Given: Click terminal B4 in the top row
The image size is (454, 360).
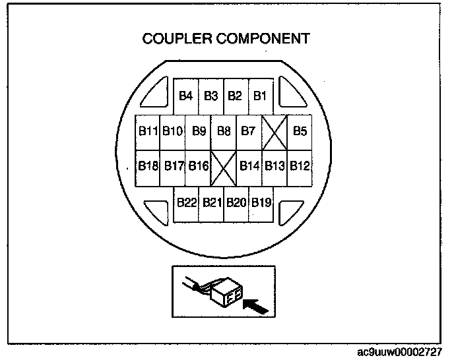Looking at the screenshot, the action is pyautogui.click(x=186, y=96).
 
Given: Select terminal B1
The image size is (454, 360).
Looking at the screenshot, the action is pyautogui.click(x=261, y=96).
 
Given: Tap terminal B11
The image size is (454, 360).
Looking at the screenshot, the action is pyautogui.click(x=148, y=131).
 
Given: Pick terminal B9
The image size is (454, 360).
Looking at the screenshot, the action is pyautogui.click(x=199, y=131).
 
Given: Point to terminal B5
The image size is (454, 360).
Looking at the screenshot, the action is pyautogui.click(x=300, y=131).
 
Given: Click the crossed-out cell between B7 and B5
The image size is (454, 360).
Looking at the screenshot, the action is pyautogui.click(x=275, y=131).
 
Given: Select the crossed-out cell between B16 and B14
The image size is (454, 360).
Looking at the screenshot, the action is pyautogui.click(x=223, y=165).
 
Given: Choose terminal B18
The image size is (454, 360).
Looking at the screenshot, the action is pyautogui.click(x=148, y=165).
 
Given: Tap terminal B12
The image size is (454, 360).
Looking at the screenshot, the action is pyautogui.click(x=300, y=165).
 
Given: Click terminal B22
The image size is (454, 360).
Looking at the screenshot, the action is pyautogui.click(x=186, y=202).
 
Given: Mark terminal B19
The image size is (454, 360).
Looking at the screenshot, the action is pyautogui.click(x=261, y=202).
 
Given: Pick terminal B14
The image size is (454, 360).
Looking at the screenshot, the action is pyautogui.click(x=249, y=165).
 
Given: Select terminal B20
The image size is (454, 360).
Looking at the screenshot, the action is pyautogui.click(x=236, y=202).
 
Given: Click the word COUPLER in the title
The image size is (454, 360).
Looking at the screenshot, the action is pyautogui.click(x=176, y=39).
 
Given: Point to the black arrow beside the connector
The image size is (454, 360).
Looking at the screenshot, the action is pyautogui.click(x=256, y=305).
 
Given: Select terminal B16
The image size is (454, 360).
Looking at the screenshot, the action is pyautogui.click(x=199, y=165).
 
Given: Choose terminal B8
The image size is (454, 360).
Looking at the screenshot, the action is pyautogui.click(x=224, y=131).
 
